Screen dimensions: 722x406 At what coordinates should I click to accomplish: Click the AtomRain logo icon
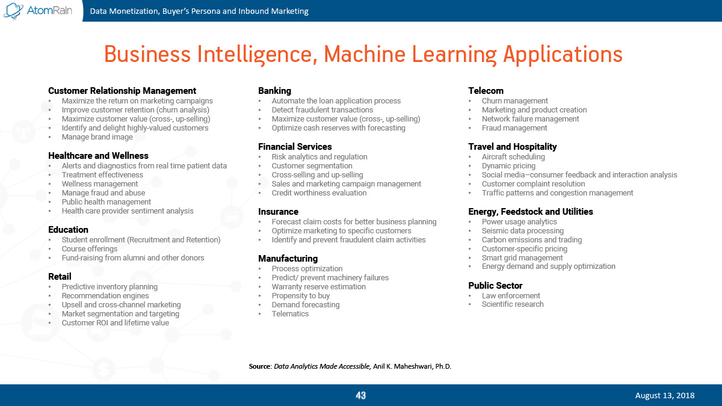coord(13,11)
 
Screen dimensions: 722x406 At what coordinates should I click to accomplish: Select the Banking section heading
coord(274,91)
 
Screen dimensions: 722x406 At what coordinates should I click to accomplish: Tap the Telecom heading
coord(486,91)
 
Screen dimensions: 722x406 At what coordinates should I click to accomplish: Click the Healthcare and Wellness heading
coord(98,156)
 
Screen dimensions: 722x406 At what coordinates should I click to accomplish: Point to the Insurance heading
coord(278,212)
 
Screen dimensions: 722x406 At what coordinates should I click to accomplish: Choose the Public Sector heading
coord(495,286)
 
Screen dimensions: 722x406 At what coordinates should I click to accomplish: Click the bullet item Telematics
coord(290,314)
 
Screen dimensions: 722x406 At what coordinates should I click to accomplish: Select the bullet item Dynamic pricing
coord(508,166)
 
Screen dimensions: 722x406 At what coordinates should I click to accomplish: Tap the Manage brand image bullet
coord(97,137)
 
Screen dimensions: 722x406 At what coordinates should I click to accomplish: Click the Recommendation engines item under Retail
coord(105,296)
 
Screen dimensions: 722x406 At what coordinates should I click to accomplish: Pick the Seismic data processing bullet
coord(523,231)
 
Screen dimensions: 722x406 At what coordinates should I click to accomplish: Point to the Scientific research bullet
coord(513,304)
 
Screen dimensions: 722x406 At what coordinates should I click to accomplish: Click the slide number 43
coord(360,395)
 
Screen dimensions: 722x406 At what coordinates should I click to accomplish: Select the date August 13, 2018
coord(665,395)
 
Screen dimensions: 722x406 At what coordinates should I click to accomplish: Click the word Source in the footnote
coord(260,366)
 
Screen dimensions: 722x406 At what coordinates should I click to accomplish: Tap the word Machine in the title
coord(365,54)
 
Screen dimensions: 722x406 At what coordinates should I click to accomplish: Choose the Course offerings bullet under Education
coord(90,249)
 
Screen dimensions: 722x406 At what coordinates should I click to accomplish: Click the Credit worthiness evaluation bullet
coord(319,193)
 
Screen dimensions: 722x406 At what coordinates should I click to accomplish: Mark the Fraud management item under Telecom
coord(514,128)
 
